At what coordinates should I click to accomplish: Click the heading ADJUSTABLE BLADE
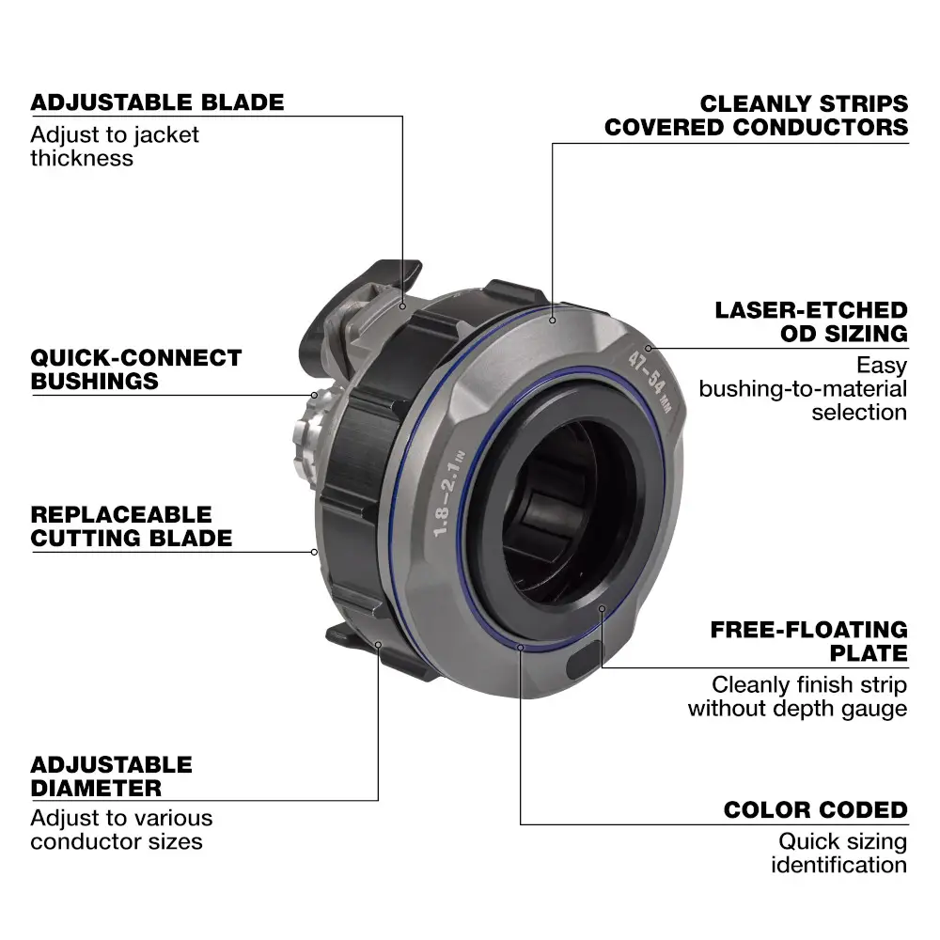(157, 102)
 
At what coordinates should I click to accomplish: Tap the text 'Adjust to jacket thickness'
(115, 146)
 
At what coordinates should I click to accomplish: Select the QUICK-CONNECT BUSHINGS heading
(136, 369)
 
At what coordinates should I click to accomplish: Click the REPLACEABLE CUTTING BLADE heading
(131, 526)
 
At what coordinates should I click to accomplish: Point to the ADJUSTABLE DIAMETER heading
(111, 776)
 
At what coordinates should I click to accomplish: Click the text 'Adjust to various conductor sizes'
(121, 829)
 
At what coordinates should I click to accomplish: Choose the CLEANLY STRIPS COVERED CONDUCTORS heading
(757, 116)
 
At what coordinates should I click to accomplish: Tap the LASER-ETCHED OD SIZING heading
(811, 321)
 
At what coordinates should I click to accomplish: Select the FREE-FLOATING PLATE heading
(808, 641)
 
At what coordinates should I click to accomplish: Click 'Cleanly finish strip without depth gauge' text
(797, 697)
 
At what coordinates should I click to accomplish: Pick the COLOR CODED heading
(815, 810)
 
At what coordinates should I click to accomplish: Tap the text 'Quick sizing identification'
(838, 853)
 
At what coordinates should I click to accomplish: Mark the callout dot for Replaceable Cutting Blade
(314, 552)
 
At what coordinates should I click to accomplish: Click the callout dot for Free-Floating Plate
(602, 608)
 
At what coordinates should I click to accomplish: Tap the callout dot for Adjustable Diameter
(378, 645)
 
